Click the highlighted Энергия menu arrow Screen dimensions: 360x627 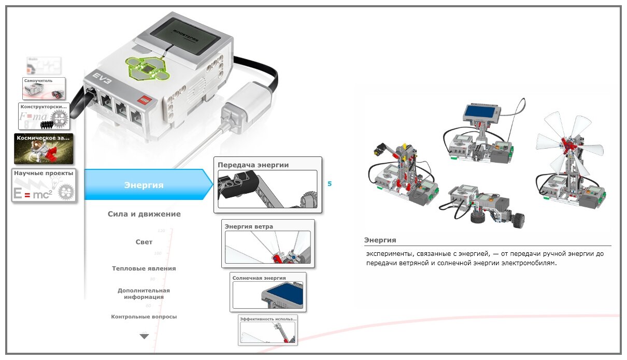click(x=145, y=185)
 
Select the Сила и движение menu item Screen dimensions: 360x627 click(x=144, y=214)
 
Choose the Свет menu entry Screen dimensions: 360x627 click(x=144, y=242)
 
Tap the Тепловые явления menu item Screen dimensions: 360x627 click(x=144, y=268)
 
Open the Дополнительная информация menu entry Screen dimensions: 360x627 click(x=144, y=294)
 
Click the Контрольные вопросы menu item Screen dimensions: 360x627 click(x=144, y=316)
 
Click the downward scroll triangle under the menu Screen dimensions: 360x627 click(x=144, y=336)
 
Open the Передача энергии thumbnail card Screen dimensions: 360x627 click(x=267, y=185)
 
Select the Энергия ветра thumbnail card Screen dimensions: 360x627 click(x=267, y=243)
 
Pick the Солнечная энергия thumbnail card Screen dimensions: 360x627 click(x=267, y=292)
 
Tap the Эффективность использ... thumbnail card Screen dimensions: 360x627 click(x=267, y=330)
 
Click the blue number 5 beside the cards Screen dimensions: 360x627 click(x=330, y=184)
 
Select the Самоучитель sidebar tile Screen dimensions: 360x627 click(x=44, y=89)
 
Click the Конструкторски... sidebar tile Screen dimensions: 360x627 click(x=44, y=116)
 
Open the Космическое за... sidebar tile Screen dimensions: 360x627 click(x=44, y=149)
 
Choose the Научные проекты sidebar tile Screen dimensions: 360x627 click(x=44, y=185)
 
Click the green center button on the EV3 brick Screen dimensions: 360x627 click(x=148, y=69)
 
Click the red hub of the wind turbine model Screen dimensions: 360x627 click(x=568, y=142)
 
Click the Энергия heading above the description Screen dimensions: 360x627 click(x=380, y=240)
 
